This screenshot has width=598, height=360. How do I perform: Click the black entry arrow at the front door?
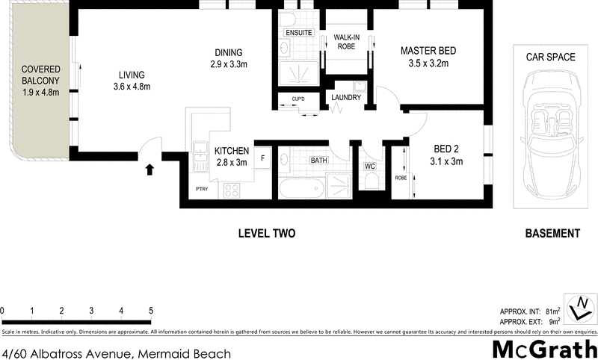click(149, 170)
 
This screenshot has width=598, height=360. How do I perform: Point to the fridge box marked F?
click(262, 158)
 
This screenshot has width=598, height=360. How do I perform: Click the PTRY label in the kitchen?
click(201, 190)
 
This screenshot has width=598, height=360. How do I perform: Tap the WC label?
click(369, 166)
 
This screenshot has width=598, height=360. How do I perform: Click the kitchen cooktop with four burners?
click(232, 190)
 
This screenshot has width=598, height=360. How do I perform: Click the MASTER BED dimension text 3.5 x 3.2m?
click(428, 64)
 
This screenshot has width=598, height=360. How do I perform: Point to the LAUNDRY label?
click(347, 98)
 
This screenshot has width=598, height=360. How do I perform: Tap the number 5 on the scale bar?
click(151, 311)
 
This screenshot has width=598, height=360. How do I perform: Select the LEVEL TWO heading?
click(267, 234)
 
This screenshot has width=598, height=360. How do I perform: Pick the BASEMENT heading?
click(552, 234)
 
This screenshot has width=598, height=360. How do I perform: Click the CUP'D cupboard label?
click(298, 99)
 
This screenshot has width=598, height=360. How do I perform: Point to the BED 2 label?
click(447, 149)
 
